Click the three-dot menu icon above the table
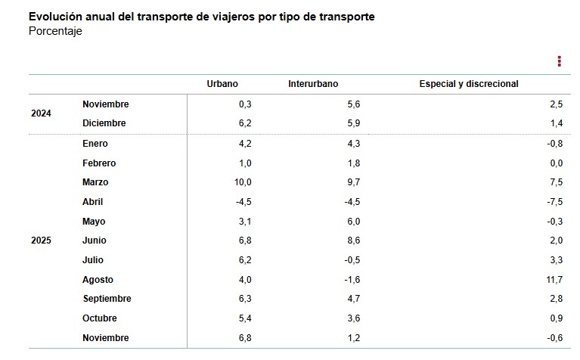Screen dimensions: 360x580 click(559, 61)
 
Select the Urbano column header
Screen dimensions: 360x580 click(222, 84)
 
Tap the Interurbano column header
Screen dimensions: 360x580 click(313, 84)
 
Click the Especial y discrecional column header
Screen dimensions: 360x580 click(469, 84)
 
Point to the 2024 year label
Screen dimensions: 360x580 click(41, 113)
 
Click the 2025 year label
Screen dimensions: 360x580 click(41, 241)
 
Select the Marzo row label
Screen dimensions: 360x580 click(95, 182)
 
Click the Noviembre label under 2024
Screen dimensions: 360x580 click(105, 104)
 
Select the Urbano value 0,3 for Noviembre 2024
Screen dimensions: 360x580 click(244, 104)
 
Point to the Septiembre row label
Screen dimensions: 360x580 click(107, 299)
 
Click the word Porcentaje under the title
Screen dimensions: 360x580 click(55, 31)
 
